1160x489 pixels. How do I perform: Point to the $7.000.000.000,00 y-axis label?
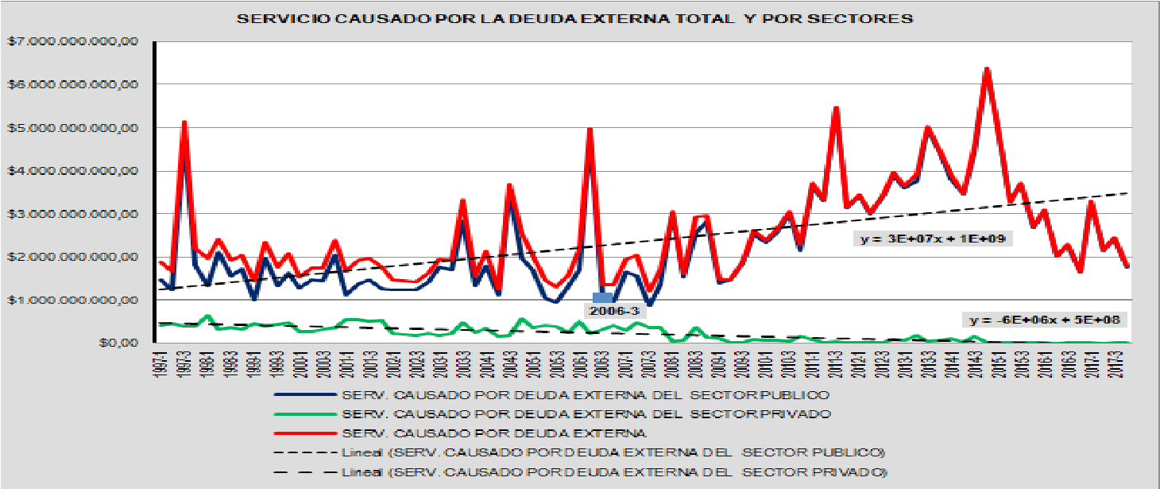(73, 41)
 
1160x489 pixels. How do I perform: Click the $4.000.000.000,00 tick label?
(73, 171)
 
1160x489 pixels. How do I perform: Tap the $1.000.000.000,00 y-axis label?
(73, 301)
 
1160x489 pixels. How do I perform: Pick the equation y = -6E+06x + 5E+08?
(1047, 320)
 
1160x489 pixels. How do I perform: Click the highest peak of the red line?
(987, 69)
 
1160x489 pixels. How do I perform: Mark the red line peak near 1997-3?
(184, 122)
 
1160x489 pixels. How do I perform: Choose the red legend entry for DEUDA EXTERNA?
(493, 433)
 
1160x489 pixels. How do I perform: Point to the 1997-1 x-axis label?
(161, 365)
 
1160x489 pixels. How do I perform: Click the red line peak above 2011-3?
(836, 108)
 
